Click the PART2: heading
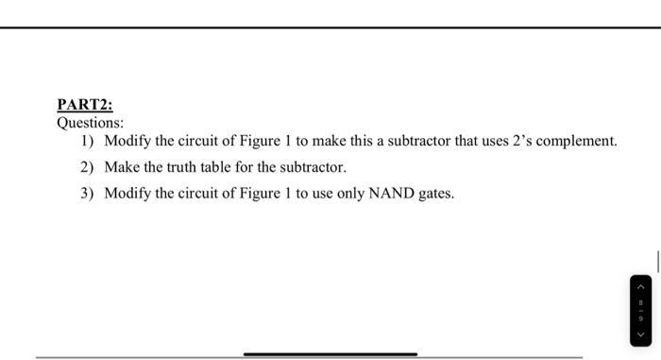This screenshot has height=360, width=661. pos(85,105)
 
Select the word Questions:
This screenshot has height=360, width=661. pos(91,123)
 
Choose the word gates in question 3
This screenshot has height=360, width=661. pos(435,194)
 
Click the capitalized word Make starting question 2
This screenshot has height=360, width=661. pos(122,167)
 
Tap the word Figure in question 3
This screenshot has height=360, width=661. pos(265,194)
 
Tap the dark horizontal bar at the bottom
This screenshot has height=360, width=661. pos(330,354)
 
